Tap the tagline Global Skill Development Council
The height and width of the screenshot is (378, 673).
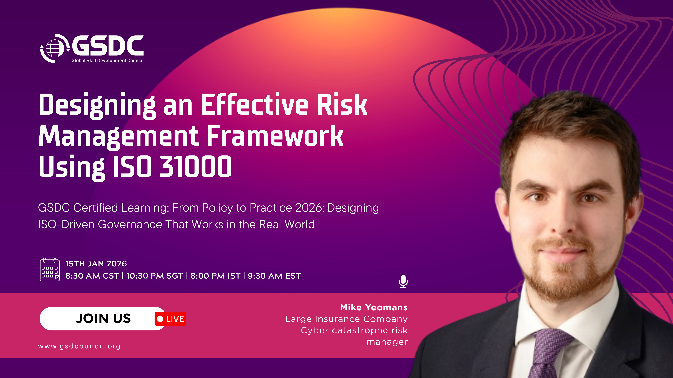click(107, 60)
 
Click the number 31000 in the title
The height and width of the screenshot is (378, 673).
click(196, 166)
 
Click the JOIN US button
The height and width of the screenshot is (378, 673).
click(103, 319)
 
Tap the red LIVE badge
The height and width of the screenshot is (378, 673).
click(170, 319)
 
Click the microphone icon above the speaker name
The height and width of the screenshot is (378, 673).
click(403, 281)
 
